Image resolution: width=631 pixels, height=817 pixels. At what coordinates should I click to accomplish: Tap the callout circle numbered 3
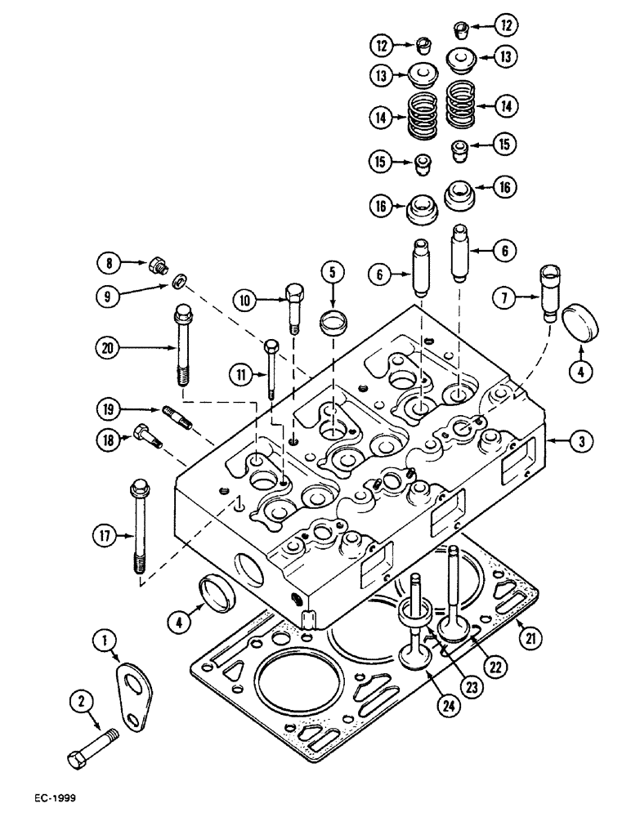point(580,442)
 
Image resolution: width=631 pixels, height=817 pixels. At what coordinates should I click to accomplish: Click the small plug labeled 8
point(157,264)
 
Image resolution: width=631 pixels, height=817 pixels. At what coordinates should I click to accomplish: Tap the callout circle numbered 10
point(248,301)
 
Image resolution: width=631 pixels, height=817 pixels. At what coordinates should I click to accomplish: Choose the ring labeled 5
point(331,321)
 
